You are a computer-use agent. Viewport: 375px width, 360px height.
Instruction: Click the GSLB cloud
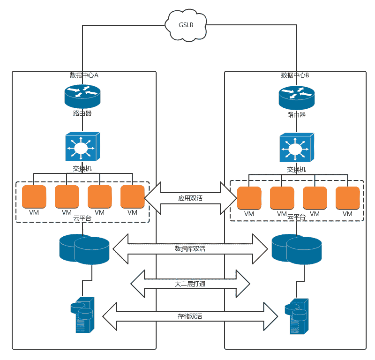coord(186,24)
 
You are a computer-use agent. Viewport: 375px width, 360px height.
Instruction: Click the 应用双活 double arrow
coord(190,198)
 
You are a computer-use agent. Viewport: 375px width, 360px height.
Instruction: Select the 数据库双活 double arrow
coord(190,248)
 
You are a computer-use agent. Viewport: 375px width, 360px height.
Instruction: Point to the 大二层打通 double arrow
coord(190,284)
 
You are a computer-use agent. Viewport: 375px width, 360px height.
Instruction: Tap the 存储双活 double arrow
coord(190,316)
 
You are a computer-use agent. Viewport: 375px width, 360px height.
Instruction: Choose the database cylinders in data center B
coord(296,249)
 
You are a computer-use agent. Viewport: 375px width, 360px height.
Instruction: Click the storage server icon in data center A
coord(82,315)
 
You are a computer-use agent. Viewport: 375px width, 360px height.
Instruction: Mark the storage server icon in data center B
coord(296,316)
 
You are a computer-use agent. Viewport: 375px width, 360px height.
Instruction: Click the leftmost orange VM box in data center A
coord(34,197)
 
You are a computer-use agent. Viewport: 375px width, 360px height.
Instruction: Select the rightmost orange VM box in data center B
coord(347,198)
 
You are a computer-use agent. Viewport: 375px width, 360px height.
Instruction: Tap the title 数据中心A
coord(84,75)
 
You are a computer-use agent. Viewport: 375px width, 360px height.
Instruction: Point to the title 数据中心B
coord(295,75)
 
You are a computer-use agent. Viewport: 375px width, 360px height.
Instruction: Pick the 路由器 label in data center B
coord(296,115)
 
